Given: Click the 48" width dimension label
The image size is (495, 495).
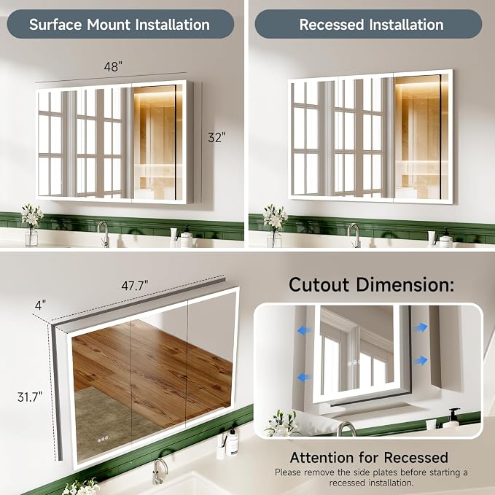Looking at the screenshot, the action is (x=113, y=66).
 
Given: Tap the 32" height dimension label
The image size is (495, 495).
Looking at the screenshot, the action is (x=217, y=137).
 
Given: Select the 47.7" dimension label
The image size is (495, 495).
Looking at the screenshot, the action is (x=135, y=286).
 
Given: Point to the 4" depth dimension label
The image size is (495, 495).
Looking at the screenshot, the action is (x=40, y=305).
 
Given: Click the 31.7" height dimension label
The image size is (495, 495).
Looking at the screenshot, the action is (x=30, y=397).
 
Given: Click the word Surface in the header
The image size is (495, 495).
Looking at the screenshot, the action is (x=55, y=25).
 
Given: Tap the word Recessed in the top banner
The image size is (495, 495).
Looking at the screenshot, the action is (x=332, y=25).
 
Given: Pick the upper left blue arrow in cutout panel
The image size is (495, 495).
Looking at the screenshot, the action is (x=304, y=330).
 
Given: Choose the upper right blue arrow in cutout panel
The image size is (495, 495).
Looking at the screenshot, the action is (x=421, y=327).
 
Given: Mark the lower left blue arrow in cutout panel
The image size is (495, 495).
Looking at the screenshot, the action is (x=304, y=377).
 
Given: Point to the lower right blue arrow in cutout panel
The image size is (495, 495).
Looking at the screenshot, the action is (x=421, y=360).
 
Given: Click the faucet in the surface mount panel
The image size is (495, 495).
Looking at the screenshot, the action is (x=104, y=233).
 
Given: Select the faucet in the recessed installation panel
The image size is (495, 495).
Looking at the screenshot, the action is (x=354, y=235).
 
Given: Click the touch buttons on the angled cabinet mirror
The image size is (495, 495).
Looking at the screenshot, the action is (x=103, y=439).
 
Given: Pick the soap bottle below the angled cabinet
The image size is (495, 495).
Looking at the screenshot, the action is (x=232, y=442).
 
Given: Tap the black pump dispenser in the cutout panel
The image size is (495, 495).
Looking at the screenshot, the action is (x=453, y=417).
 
